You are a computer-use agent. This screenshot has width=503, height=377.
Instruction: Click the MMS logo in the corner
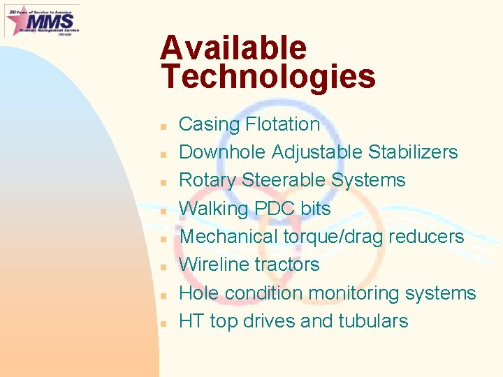pyautogui.click(x=42, y=20)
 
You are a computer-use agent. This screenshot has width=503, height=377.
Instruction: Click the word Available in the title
pyautogui.click(x=233, y=48)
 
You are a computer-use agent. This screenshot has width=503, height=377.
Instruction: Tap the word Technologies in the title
pyautogui.click(x=268, y=77)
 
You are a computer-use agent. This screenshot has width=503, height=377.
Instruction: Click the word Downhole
pyautogui.click(x=222, y=152)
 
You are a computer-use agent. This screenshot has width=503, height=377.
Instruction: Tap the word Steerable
pyautogui.click(x=284, y=180)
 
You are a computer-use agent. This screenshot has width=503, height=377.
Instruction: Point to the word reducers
pyautogui.click(x=426, y=237)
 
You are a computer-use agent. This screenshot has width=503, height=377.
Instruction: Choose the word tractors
pyautogui.click(x=286, y=265)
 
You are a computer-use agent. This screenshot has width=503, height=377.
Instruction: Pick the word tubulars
pyautogui.click(x=373, y=321)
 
